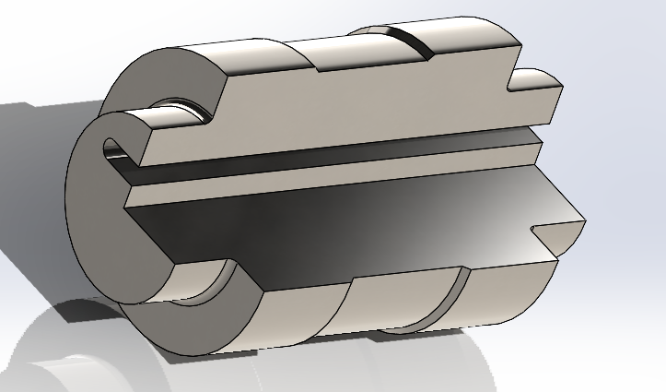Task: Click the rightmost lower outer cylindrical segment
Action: pos(511,291)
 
